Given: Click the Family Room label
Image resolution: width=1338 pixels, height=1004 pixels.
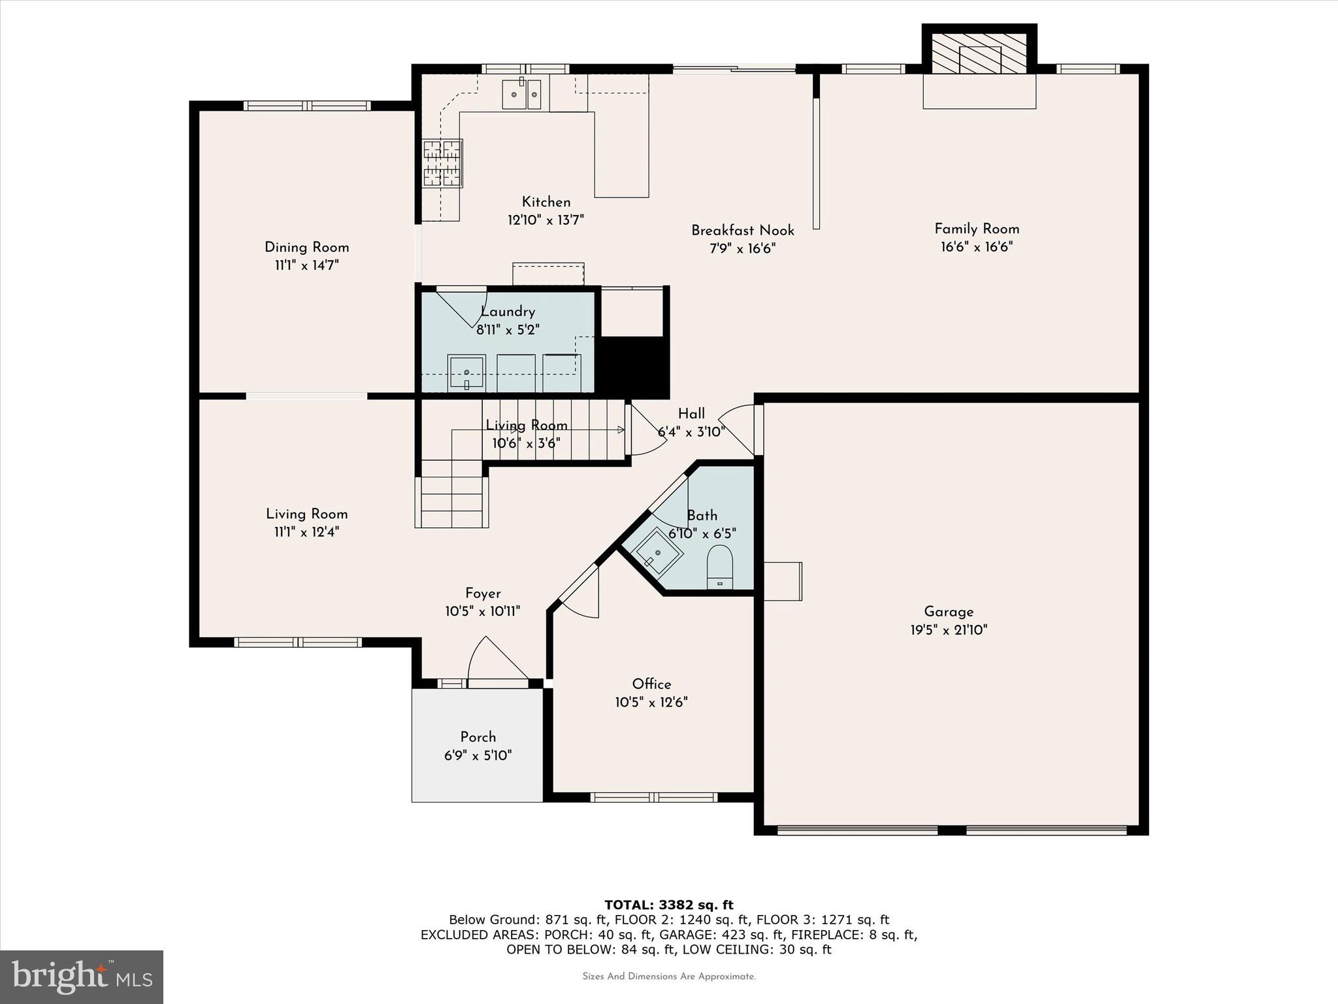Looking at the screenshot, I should click(x=976, y=229).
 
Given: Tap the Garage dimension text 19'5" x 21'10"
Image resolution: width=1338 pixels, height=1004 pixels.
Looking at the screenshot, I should click(x=949, y=630).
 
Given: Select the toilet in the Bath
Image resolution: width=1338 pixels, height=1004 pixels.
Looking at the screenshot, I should click(x=720, y=566).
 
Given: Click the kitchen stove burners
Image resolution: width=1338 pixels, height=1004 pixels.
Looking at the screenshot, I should click(x=442, y=163).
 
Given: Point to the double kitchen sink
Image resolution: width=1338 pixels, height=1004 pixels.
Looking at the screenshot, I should click(x=523, y=95).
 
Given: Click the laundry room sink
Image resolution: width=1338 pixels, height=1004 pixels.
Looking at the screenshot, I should click(x=466, y=373).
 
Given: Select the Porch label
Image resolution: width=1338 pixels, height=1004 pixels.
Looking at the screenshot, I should click(x=478, y=737).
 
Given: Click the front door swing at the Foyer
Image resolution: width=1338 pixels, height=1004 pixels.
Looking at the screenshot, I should click(x=497, y=660).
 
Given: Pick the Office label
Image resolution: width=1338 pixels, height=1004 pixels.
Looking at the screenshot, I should click(x=651, y=684).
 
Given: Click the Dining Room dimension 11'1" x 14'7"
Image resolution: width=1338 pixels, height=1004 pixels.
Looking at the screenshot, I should click(x=306, y=265).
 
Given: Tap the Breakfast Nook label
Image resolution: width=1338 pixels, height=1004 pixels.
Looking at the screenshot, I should click(x=743, y=230).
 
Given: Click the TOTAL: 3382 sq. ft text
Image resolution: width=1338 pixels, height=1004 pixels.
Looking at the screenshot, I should click(x=668, y=905).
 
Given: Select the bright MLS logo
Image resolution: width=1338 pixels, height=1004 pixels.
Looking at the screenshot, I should click(x=82, y=977).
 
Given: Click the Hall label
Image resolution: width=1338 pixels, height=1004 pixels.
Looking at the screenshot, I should click(x=691, y=413).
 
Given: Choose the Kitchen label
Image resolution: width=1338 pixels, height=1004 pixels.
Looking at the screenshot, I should click(x=546, y=202).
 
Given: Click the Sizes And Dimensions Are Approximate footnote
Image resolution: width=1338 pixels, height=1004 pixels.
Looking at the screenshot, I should click(x=668, y=977).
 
